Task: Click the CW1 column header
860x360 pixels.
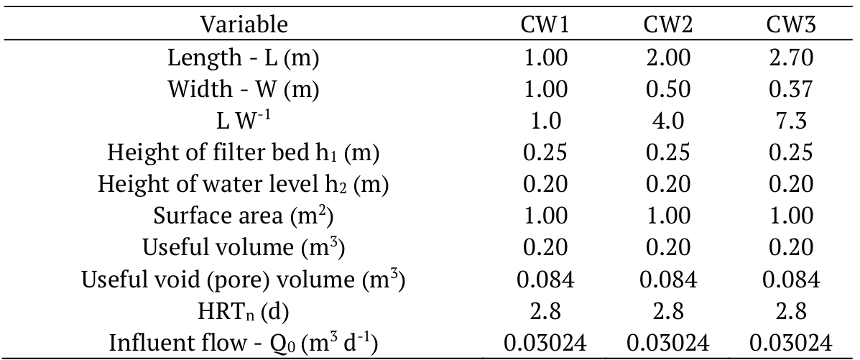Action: [544, 25]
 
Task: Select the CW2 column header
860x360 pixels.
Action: [667, 25]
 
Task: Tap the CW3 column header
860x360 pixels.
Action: [790, 25]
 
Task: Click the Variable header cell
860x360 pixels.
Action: [244, 25]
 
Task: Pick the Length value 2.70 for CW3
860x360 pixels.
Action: [790, 57]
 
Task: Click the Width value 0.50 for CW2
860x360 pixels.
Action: [667, 89]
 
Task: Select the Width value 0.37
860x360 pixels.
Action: [790, 89]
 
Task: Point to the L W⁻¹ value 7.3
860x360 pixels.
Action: [790, 121]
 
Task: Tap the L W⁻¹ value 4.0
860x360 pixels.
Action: [667, 121]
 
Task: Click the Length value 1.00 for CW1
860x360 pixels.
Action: [544, 57]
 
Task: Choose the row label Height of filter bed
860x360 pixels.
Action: [244, 153]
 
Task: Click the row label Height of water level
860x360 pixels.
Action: [244, 185]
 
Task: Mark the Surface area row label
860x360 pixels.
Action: [244, 216]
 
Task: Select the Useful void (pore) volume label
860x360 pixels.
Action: [244, 280]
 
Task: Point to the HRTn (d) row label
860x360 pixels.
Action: [244, 311]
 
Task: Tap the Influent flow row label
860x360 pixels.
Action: [244, 343]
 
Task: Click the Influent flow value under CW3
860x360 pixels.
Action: [790, 343]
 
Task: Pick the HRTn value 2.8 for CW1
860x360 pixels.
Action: [544, 311]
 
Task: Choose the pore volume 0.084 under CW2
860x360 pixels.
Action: [667, 280]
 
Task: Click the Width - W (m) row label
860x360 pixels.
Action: [244, 89]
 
